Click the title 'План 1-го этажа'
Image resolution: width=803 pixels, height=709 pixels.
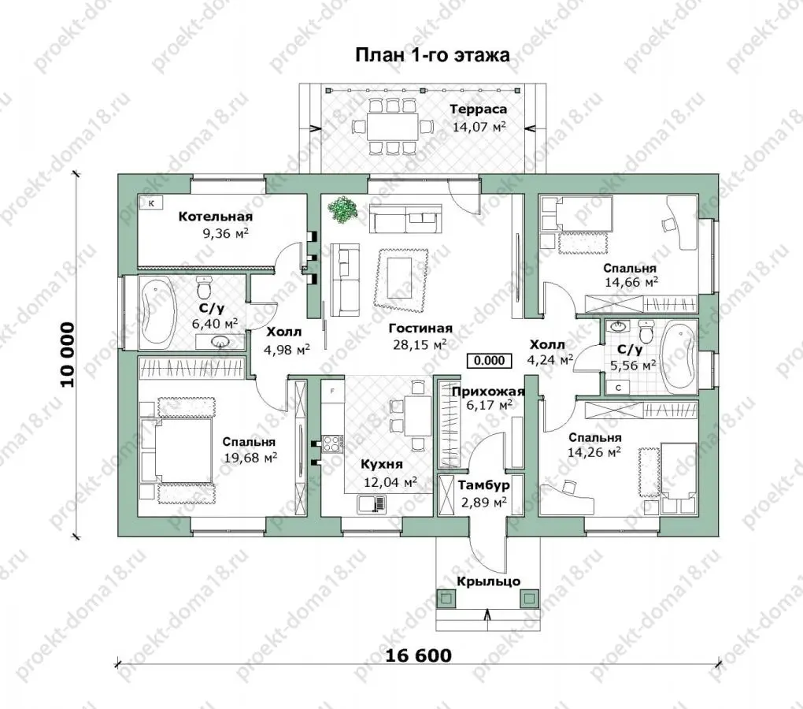pos(432,55)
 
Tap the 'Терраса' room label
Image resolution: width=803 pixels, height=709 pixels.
pos(479,110)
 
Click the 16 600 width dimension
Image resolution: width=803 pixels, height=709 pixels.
pos(418,655)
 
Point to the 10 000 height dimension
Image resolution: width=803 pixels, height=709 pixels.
pos(68,354)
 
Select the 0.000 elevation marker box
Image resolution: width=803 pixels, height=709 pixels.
pos(489,361)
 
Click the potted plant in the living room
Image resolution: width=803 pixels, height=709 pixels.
pos(342,210)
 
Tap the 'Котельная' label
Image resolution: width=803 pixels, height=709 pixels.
pos(215,217)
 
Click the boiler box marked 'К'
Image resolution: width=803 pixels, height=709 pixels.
pos(152,203)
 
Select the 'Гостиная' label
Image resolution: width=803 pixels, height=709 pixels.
pos(420,329)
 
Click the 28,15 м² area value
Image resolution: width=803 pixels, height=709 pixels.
pos(420,344)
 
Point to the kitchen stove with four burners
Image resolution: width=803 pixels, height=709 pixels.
pos(332,444)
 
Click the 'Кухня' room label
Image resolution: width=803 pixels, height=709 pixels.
pos(382,465)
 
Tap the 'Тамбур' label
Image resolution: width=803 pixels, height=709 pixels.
pos(483,485)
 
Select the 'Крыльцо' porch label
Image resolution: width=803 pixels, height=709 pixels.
pos(489,581)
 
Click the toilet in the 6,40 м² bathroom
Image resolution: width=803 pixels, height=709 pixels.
pos(205,288)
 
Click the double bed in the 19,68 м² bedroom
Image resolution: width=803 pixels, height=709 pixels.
pos(176,451)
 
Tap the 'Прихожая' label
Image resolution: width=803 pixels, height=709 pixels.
pos(488,392)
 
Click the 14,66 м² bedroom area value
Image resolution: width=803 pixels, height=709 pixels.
pos(631,282)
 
